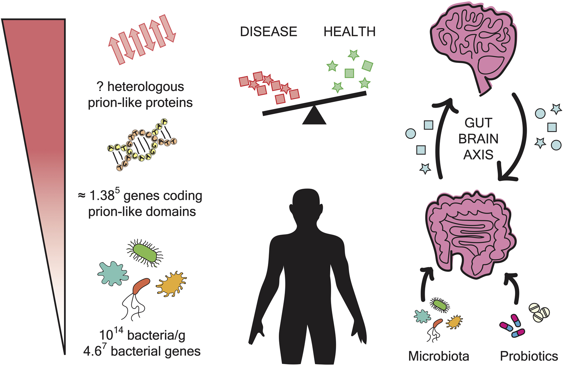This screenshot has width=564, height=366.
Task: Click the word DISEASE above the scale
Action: pyautogui.click(x=268, y=32)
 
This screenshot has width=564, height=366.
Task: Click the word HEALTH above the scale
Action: pyautogui.click(x=350, y=32)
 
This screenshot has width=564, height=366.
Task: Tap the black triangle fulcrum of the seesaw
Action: pyautogui.click(x=314, y=115)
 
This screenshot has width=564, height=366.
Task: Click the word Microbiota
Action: pyautogui.click(x=439, y=356)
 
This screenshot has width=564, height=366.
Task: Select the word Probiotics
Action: pyautogui.click(x=529, y=356)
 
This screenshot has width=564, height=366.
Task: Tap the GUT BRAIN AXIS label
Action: pyautogui.click(x=478, y=139)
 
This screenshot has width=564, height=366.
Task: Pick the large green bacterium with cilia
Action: pyautogui.click(x=145, y=253)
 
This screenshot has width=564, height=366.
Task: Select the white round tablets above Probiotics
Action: pyautogui.click(x=539, y=312)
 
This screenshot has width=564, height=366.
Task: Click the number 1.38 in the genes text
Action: pyautogui.click(x=102, y=196)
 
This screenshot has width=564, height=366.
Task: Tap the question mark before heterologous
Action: pyautogui.click(x=100, y=87)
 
